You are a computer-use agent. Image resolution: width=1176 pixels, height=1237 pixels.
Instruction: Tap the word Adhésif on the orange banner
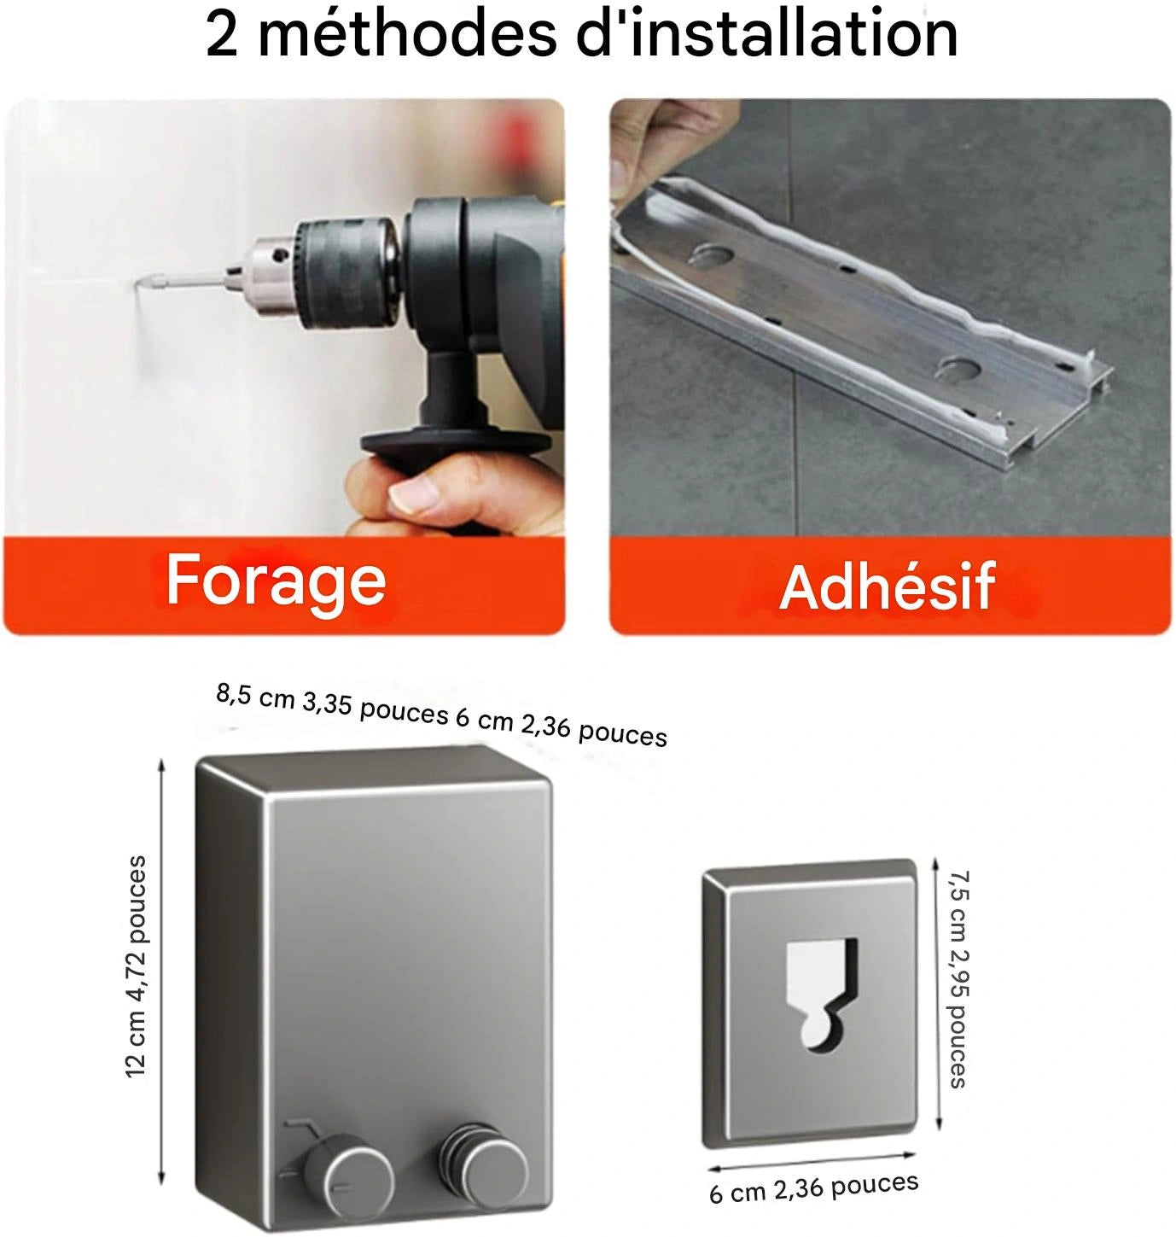click(x=888, y=586)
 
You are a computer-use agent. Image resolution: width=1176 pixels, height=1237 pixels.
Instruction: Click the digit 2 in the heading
click(x=222, y=36)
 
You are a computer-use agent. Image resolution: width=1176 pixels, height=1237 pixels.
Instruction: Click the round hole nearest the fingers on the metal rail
click(x=712, y=254)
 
